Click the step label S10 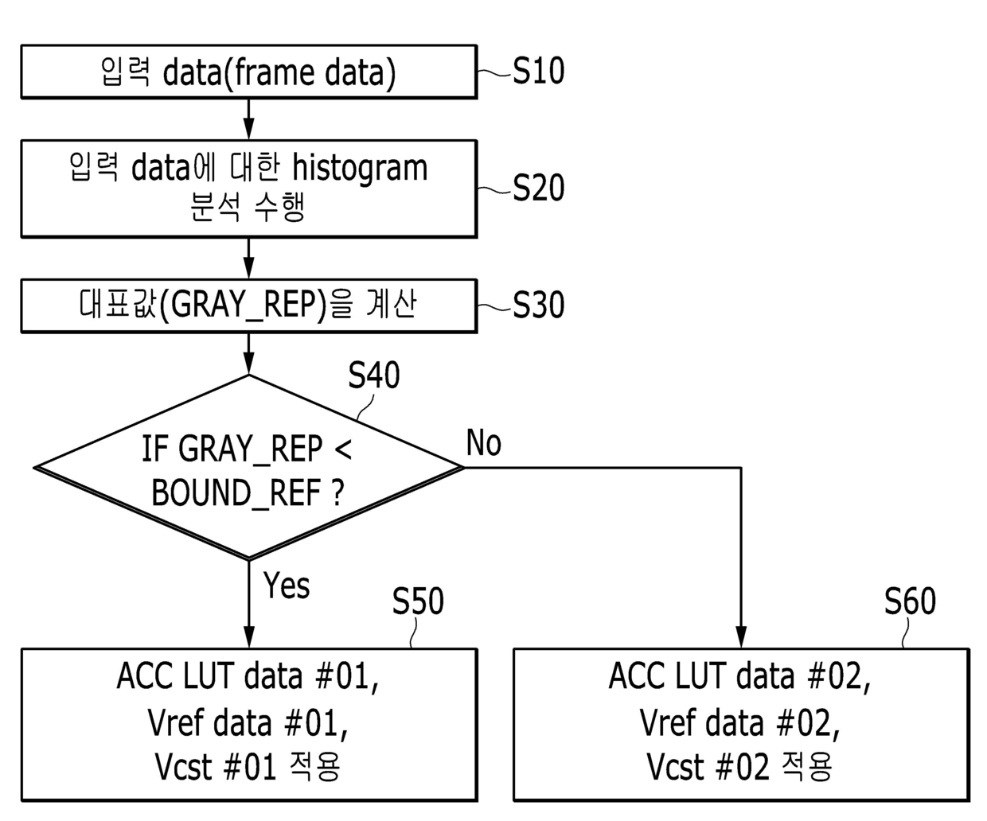pos(538,71)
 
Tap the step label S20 pos(538,188)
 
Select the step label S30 pos(538,305)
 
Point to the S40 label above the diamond pos(374,375)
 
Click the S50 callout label pos(418,601)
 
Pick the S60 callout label pos(910,601)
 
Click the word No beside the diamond pos(484,442)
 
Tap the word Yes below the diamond pos(287,585)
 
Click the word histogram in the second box pos(360,169)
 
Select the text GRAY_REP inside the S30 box pos(243,305)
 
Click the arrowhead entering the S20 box pos(248,129)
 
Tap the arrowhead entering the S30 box pos(248,268)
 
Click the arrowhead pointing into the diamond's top pos(248,364)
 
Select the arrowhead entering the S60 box pos(741,637)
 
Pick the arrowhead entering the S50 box pos(248,637)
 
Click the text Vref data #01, pos(248,723)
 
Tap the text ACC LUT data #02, pos(739,677)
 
